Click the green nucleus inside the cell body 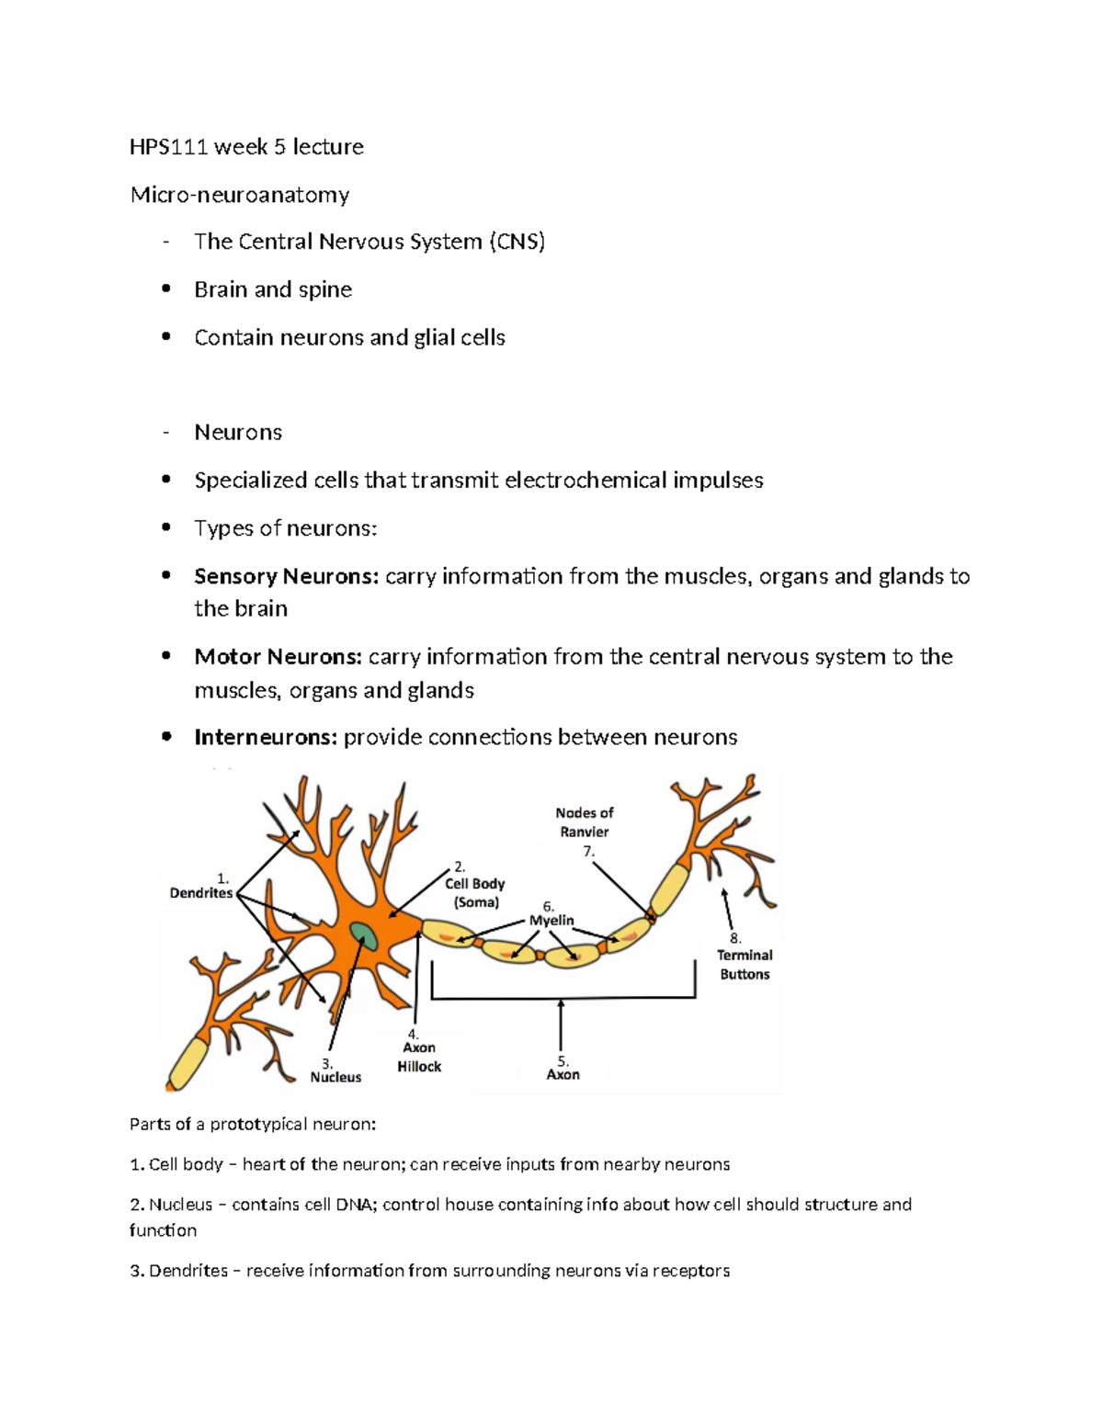364,936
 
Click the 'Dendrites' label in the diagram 201,893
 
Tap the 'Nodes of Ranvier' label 585,822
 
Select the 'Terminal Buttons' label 745,965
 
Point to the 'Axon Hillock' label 419,1058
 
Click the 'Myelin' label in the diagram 551,921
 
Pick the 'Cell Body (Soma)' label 475,893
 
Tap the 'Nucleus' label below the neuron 335,1078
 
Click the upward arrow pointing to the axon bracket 561,1025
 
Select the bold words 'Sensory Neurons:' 286,577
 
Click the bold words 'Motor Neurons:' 278,657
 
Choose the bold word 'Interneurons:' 266,738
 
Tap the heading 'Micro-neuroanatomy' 240,195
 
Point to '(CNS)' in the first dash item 517,242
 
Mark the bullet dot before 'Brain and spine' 166,289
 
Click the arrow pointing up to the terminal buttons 728,910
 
